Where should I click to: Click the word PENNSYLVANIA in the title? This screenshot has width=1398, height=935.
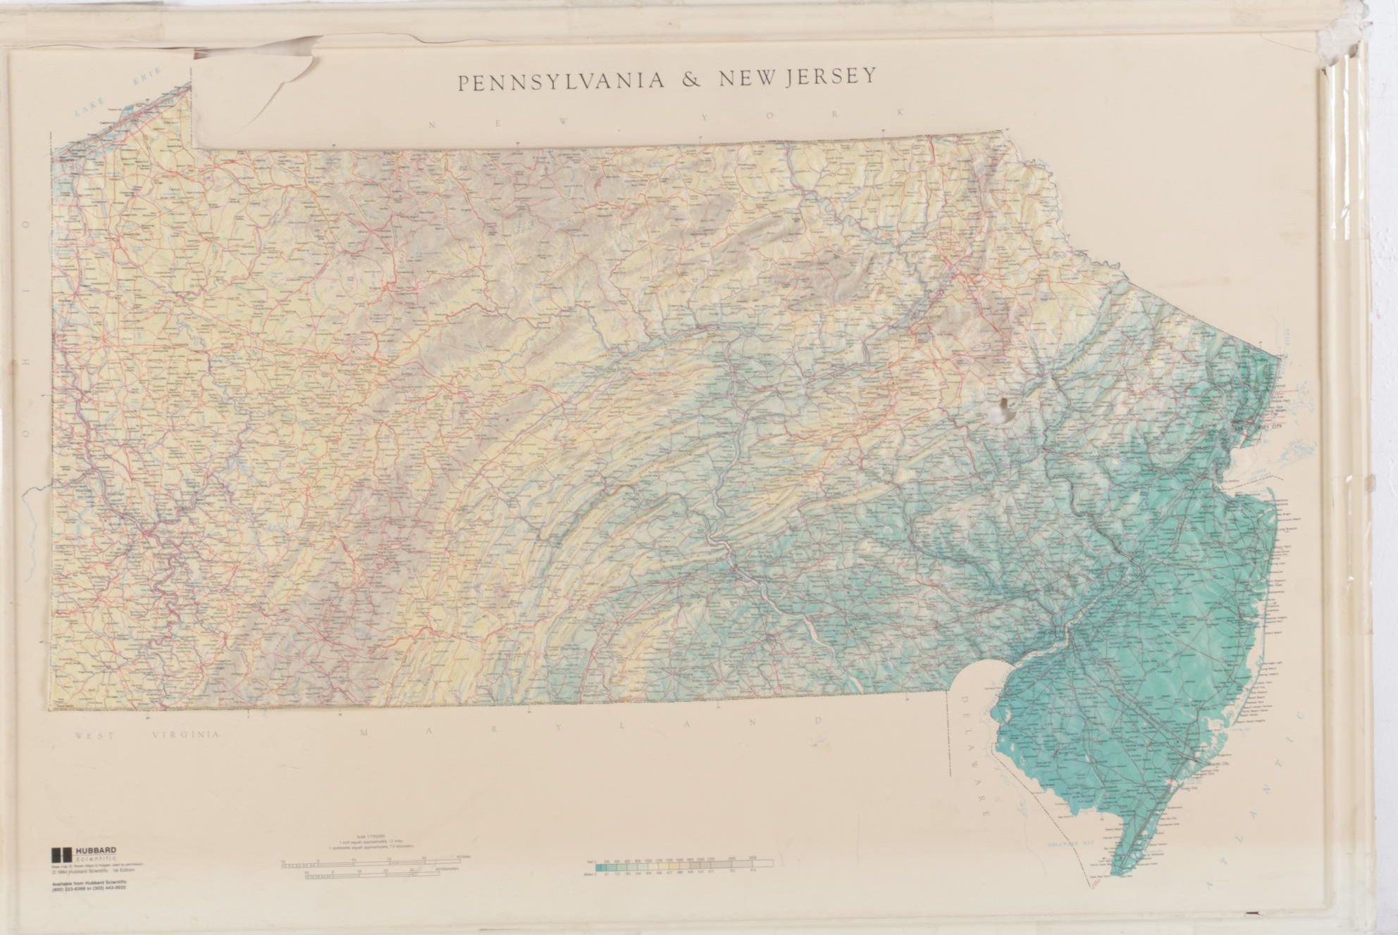coord(560,81)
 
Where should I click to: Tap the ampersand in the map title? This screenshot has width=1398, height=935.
coord(688,80)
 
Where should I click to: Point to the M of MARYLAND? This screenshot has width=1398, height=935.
coord(364,732)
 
